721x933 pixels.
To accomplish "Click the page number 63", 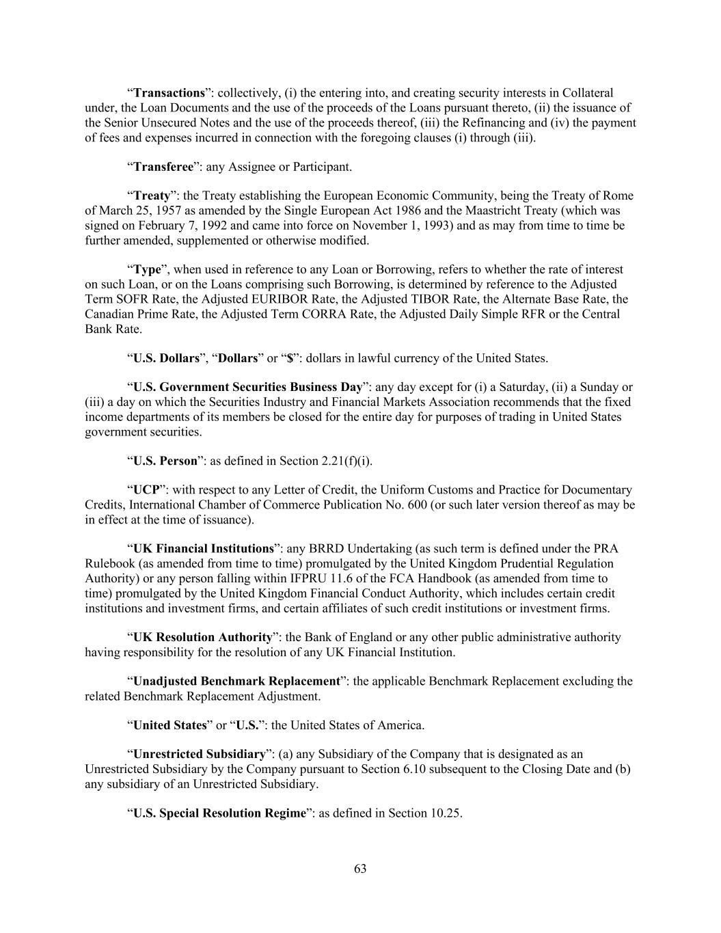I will click(x=360, y=869).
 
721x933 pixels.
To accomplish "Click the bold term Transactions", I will click(x=169, y=93).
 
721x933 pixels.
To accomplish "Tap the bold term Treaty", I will click(x=152, y=196).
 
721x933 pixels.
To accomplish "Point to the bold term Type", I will click(x=147, y=270).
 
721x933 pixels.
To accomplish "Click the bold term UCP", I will click(x=146, y=490).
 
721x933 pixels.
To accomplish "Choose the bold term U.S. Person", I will click(x=165, y=461).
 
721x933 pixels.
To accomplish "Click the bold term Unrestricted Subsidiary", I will click(x=199, y=755).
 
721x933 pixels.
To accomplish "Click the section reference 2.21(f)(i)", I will click(x=346, y=461).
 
